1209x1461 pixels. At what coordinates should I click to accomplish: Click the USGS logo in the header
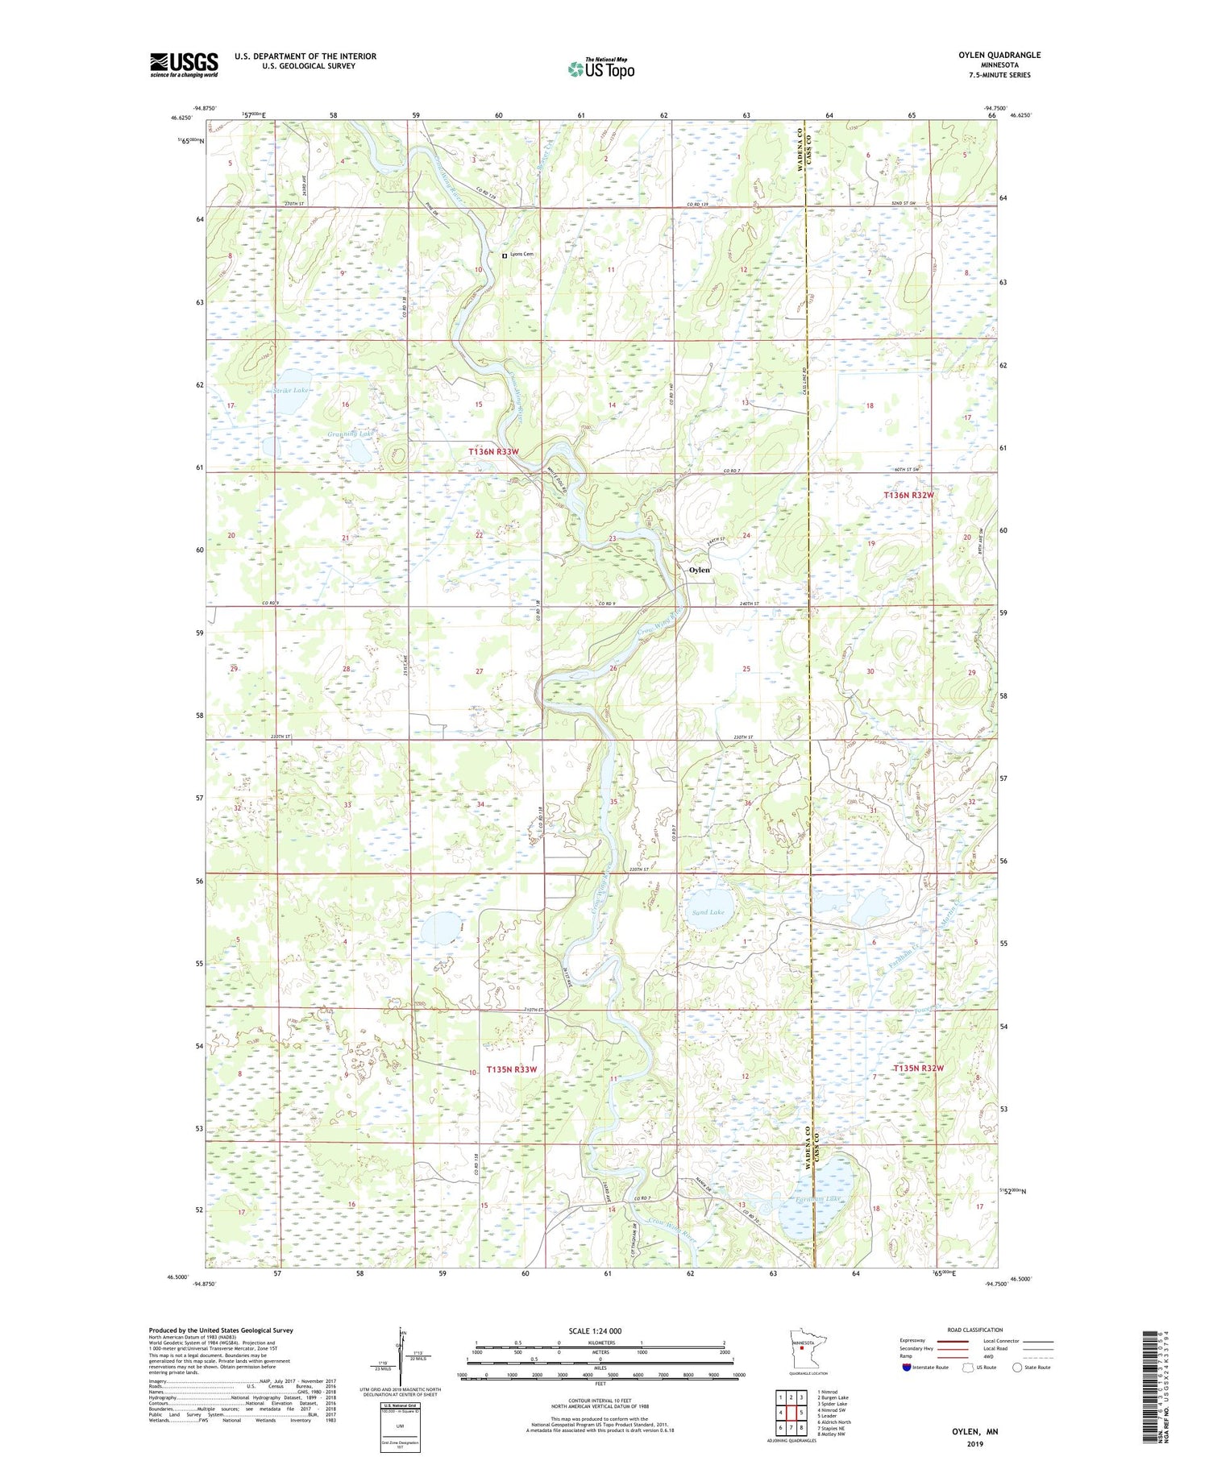pos(184,64)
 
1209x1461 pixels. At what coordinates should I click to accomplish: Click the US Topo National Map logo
pos(600,68)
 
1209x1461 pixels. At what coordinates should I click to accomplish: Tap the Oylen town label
pos(699,570)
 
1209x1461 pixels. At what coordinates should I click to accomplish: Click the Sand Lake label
pos(708,912)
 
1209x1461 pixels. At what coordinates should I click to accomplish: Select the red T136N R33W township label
pos(493,452)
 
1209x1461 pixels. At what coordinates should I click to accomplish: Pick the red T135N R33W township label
pos(511,1069)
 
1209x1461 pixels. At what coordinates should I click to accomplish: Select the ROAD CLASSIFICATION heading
pos(974,1330)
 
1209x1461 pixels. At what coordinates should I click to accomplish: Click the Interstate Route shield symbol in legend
pos(907,1368)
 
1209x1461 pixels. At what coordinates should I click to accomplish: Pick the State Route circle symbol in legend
pos(1018,1368)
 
